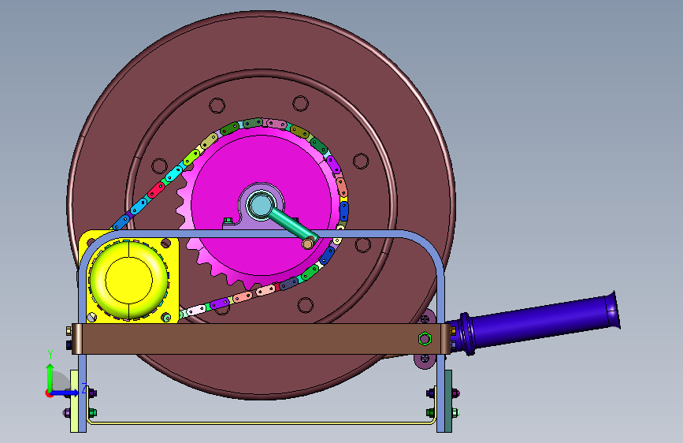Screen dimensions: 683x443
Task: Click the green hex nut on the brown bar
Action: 425,339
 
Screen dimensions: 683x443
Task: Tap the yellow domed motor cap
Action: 128,280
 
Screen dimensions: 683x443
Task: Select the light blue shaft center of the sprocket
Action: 260,206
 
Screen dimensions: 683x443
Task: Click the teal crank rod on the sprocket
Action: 293,225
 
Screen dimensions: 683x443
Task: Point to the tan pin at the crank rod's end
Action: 308,243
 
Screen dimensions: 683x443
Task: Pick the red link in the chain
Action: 156,190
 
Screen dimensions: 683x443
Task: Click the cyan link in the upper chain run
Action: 174,173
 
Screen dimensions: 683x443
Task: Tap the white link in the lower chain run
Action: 195,310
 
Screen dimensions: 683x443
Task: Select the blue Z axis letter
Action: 84,388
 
